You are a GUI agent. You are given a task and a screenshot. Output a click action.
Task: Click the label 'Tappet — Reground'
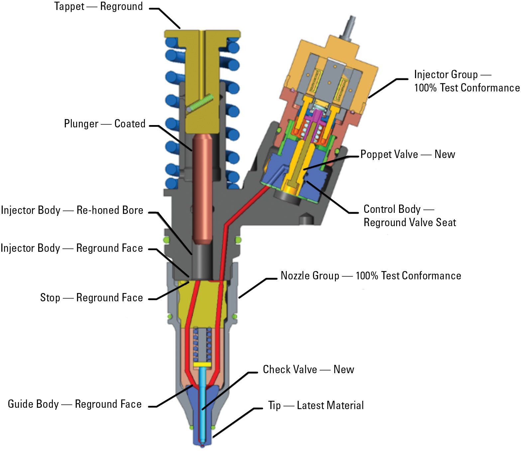(x=98, y=7)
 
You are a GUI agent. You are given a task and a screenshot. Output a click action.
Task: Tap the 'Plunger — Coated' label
(x=105, y=124)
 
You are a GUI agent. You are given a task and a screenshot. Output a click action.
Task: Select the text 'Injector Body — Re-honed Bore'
(x=72, y=210)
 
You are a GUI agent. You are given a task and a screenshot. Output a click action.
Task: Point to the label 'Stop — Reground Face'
(x=91, y=297)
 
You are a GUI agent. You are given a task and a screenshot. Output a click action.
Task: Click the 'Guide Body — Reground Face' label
(x=75, y=404)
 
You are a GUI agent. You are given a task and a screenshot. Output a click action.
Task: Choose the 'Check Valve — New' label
(x=308, y=370)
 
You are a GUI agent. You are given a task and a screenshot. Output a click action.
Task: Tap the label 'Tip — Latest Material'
(x=316, y=405)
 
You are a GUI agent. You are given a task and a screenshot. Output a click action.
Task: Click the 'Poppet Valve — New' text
(x=408, y=154)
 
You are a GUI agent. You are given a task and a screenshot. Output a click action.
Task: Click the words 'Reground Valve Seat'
(x=410, y=223)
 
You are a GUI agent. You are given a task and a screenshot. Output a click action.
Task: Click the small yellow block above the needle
(x=202, y=365)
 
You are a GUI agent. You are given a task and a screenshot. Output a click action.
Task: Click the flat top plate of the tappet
(x=202, y=34)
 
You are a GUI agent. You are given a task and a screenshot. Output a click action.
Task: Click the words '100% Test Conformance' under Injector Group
(x=467, y=88)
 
